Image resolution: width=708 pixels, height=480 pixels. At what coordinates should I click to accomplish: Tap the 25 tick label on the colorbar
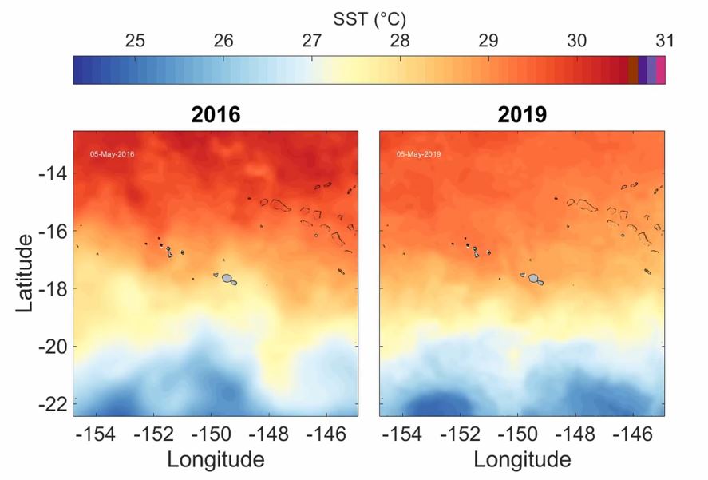pyautogui.click(x=136, y=41)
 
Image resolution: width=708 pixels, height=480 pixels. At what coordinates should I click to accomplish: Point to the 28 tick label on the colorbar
pyautogui.click(x=400, y=41)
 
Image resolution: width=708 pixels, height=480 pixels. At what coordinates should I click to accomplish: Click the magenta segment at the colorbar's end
pyautogui.click(x=661, y=69)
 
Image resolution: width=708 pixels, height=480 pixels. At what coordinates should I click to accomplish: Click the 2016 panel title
pyautogui.click(x=216, y=115)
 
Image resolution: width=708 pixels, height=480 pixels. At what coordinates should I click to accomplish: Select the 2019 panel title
pyautogui.click(x=522, y=115)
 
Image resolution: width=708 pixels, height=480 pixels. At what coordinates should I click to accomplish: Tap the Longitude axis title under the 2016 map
pyautogui.click(x=216, y=460)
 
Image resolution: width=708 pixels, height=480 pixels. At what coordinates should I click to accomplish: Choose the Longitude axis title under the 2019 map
pyautogui.click(x=522, y=460)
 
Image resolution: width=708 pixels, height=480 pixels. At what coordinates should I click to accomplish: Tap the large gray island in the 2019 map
pyautogui.click(x=533, y=278)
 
